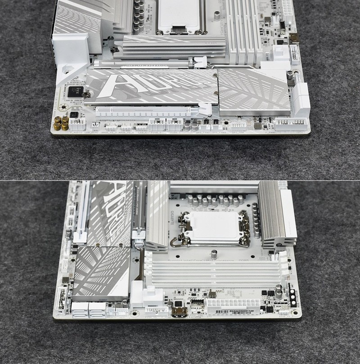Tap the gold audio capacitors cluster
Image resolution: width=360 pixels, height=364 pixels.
pyautogui.click(x=61, y=123)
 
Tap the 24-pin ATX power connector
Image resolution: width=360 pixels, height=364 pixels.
pyautogui.click(x=233, y=305)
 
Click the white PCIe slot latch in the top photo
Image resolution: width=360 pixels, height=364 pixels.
pyautogui.click(x=204, y=108)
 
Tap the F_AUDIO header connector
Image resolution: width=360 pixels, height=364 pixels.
pyautogui.click(x=77, y=124)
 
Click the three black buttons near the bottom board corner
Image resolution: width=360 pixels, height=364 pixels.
pyautogui.click(x=292, y=297)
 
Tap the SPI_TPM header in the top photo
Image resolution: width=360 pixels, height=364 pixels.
pyautogui.click(x=238, y=124)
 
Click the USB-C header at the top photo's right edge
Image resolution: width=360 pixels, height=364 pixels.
pyautogui.click(x=294, y=38)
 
